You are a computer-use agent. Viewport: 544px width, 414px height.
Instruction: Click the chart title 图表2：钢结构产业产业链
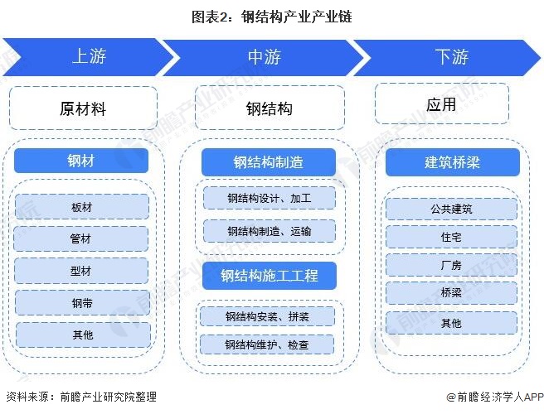tap(272, 17)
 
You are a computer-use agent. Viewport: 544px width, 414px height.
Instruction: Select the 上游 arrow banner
tap(88, 57)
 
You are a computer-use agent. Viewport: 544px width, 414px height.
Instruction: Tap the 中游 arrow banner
tap(265, 57)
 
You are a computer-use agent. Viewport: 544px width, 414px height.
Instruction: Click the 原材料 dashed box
tap(83, 108)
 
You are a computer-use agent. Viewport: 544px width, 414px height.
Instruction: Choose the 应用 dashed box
tap(442, 105)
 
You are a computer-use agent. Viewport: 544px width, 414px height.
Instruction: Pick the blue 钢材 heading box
tap(81, 161)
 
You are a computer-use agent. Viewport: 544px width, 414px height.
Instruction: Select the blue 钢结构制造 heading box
tap(269, 162)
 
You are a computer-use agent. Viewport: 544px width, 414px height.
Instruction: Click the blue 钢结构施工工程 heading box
tap(269, 276)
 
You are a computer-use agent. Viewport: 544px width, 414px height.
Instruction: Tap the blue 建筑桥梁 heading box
tap(453, 162)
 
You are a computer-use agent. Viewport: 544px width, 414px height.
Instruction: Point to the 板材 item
tap(82, 207)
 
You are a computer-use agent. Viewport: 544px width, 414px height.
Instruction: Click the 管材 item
tap(82, 238)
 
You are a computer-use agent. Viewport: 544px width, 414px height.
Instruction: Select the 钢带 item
tap(82, 302)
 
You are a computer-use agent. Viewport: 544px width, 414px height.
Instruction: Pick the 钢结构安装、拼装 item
tap(267, 316)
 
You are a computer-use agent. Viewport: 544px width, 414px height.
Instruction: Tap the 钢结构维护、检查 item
tap(267, 344)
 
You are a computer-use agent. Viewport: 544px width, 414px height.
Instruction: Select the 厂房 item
tap(451, 266)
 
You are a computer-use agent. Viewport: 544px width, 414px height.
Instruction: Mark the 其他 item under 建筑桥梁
tap(451, 323)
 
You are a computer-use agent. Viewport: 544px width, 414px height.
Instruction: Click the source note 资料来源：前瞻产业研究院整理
tap(80, 397)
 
